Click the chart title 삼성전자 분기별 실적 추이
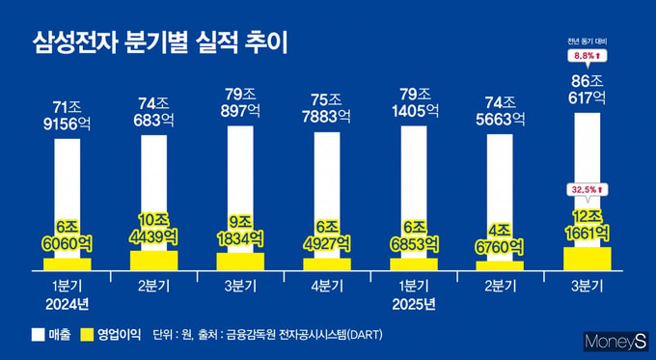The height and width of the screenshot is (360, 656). tap(160, 43)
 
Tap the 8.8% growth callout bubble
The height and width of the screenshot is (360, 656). tap(587, 56)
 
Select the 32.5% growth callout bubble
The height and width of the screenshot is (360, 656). tap(587, 190)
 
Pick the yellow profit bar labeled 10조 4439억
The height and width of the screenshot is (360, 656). tap(154, 261)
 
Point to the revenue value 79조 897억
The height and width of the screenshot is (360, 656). tap(240, 103)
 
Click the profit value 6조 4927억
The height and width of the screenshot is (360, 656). tap(327, 235)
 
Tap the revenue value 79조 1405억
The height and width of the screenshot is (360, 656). tap(414, 103)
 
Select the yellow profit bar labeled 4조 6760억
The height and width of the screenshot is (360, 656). tap(500, 265)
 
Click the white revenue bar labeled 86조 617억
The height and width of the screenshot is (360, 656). tap(588, 180)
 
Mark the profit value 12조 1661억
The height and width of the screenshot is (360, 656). tap(587, 226)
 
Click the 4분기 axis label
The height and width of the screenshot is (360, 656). tap(327, 287)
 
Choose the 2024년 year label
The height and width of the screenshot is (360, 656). tap(68, 304)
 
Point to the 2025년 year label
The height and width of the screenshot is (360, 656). tap(414, 304)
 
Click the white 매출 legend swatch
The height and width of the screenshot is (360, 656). tap(38, 335)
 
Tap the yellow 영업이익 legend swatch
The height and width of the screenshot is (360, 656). tap(87, 335)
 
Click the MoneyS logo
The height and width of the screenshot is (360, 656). tap(615, 342)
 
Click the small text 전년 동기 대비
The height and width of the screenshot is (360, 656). tap(587, 42)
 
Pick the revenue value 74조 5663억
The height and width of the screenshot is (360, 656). tap(500, 111)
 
